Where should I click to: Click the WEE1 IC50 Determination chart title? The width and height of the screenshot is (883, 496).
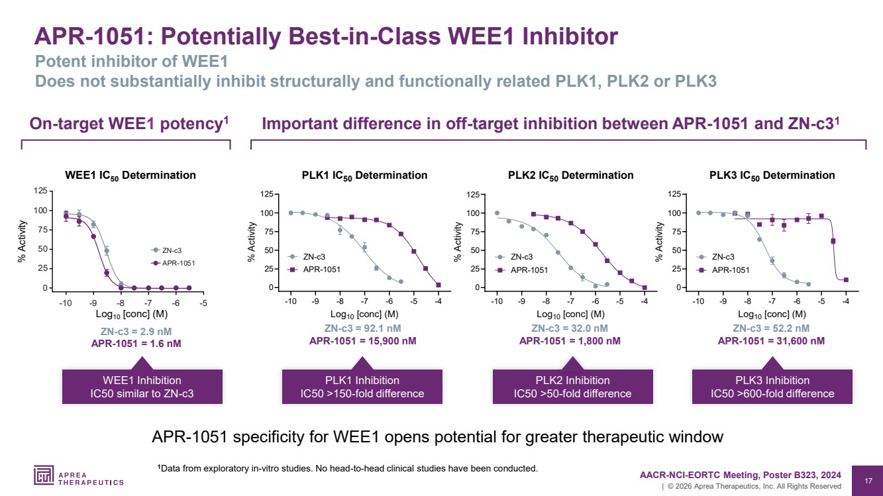[x=130, y=175]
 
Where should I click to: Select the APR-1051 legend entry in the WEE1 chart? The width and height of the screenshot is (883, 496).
[x=173, y=263]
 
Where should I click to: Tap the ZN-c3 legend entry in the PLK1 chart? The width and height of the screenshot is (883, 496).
[x=307, y=257]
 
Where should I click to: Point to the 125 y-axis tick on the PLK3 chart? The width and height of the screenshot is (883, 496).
[x=674, y=194]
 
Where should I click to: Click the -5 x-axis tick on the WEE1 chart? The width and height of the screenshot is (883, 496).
[x=203, y=303]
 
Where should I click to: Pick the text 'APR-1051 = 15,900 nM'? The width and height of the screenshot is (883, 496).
[x=362, y=341]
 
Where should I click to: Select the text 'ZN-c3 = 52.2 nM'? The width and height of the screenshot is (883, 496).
[x=771, y=328]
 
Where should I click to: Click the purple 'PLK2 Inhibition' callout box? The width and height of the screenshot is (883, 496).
[x=573, y=387]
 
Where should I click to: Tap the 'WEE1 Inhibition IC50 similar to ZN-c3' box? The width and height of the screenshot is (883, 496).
[x=142, y=387]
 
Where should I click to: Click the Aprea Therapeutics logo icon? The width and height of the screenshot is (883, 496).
[x=44, y=475]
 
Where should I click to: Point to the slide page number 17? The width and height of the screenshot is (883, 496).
[x=868, y=481]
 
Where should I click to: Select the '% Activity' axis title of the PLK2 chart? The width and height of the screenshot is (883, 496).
[x=457, y=242]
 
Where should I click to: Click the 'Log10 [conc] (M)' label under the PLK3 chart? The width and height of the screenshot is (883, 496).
[x=772, y=315]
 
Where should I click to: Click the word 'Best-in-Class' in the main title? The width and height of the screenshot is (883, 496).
[x=364, y=36]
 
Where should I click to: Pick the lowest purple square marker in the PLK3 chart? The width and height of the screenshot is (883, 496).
[x=846, y=280]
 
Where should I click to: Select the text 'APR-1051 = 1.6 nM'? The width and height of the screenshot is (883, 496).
[x=136, y=344]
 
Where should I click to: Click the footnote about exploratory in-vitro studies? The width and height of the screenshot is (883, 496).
[x=348, y=468]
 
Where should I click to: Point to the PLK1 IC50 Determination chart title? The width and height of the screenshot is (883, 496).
[x=364, y=175]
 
